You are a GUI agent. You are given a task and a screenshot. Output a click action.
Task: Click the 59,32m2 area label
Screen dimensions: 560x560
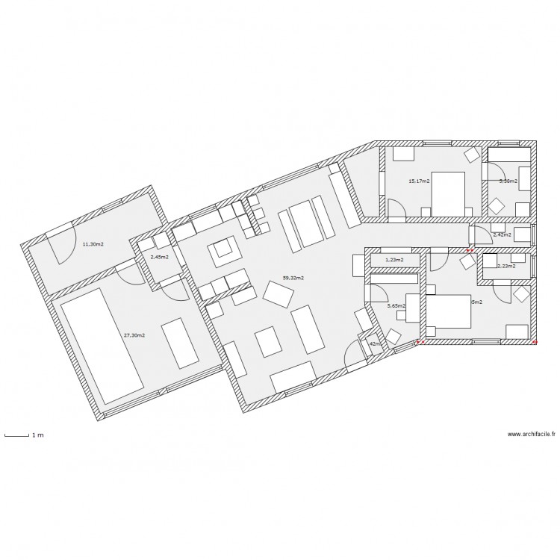click(x=293, y=278)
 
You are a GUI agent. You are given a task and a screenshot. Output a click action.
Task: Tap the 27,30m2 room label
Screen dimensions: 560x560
click(x=134, y=335)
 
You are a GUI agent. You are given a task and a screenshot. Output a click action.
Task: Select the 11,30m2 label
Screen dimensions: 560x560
click(x=93, y=244)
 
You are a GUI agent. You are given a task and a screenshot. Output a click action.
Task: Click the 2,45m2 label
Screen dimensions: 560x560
click(x=159, y=257)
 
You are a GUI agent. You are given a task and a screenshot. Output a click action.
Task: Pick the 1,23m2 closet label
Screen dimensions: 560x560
click(x=393, y=260)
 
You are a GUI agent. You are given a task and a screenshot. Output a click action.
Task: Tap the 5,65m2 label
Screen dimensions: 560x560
click(x=396, y=305)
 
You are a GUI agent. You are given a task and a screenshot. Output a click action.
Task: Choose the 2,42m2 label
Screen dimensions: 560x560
click(x=503, y=234)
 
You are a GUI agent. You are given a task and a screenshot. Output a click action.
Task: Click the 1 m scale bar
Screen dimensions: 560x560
click(x=16, y=434)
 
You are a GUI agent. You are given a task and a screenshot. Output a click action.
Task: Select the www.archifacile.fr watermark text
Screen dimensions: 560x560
click(x=531, y=434)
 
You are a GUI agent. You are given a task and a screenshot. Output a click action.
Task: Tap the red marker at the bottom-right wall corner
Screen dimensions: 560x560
click(x=536, y=342)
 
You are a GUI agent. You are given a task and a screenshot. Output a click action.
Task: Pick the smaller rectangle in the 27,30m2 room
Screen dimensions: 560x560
click(x=179, y=343)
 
